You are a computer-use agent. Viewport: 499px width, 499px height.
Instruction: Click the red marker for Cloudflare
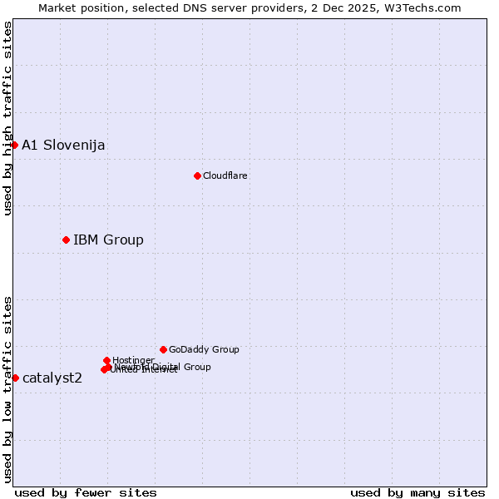click(197, 175)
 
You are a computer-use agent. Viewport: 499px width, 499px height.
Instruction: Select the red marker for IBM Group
click(66, 240)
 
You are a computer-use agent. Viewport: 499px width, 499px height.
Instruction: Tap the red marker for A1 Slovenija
click(14, 145)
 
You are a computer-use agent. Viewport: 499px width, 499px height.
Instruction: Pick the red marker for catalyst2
click(15, 378)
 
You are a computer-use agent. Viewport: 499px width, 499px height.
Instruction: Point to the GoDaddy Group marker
click(163, 349)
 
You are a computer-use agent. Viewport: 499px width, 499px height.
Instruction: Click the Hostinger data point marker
click(106, 360)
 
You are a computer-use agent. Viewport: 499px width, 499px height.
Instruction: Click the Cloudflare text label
click(225, 175)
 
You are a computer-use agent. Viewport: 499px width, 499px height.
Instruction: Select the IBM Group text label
click(108, 240)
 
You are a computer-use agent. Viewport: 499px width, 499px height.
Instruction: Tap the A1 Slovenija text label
click(63, 145)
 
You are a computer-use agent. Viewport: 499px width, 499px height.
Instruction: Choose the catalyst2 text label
click(52, 378)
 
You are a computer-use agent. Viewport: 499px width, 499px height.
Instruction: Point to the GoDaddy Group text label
click(204, 349)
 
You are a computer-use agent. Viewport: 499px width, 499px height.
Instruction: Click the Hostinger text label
click(133, 360)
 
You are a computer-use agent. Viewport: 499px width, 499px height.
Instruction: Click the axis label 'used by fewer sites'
click(86, 492)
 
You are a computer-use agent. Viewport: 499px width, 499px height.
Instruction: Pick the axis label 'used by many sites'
click(417, 492)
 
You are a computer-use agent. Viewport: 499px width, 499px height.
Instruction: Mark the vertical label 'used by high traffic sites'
click(7, 118)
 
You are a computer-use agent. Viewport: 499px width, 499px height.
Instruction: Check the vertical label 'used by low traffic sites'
click(7, 389)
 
